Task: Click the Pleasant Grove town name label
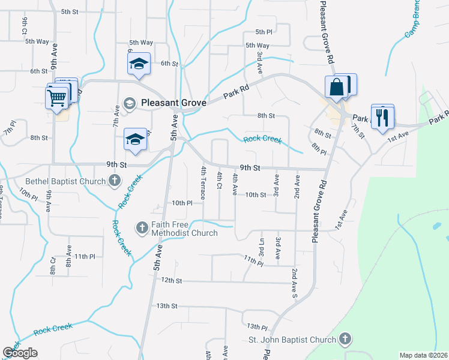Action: coord(173,103)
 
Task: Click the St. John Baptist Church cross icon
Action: coord(344,340)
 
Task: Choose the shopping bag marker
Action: coord(338,87)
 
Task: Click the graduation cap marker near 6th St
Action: coord(139,65)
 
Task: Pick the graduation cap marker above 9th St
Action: coord(135,140)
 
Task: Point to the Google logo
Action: coord(20,353)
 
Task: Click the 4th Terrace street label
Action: coord(204,183)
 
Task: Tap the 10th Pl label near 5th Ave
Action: coord(181,203)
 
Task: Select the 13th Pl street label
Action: coord(257,326)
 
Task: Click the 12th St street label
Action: coord(171,280)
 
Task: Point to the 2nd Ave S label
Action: coord(295,283)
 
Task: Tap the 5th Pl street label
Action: coord(264,32)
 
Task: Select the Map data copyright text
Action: coord(423,355)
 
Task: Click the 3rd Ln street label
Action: coord(262,249)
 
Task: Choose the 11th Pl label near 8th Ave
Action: coord(85,256)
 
